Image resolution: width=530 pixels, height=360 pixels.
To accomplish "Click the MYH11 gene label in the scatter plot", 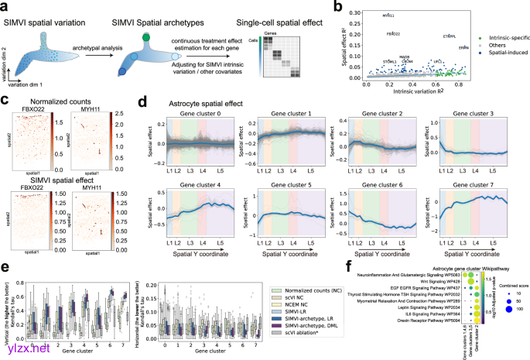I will pos(388,15).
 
